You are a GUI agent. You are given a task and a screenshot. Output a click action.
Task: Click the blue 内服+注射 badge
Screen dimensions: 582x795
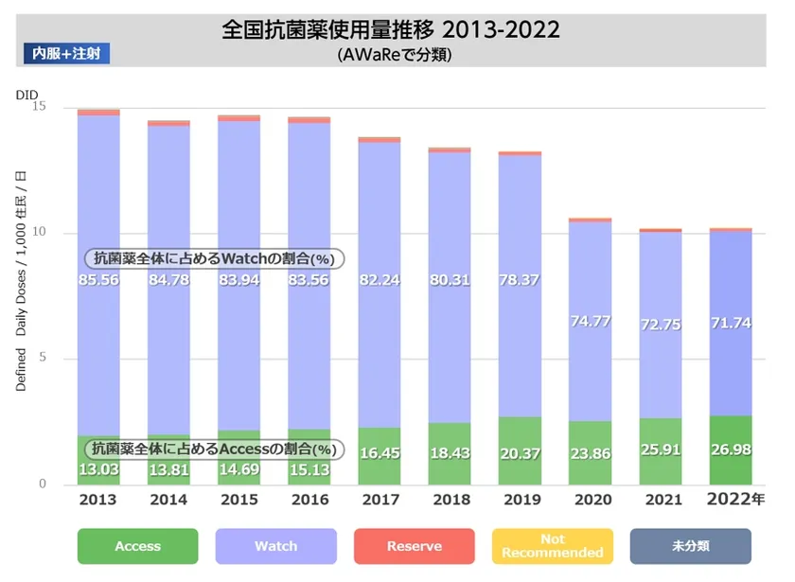tap(66, 53)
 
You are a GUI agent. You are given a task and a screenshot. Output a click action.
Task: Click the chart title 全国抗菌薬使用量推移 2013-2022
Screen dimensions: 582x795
tap(391, 29)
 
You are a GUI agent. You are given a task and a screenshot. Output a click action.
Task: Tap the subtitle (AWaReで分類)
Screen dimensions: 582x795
tap(391, 55)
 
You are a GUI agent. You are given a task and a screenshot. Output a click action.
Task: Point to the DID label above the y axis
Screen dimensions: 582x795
tap(26, 95)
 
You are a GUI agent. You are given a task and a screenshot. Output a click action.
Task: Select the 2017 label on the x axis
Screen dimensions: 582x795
tap(380, 499)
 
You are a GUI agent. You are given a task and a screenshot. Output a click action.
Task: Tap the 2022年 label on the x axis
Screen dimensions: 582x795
tap(733, 499)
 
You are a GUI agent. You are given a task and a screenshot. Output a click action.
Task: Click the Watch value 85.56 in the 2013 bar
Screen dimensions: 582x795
tap(97, 280)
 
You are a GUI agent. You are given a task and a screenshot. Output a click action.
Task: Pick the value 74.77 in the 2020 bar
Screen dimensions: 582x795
tap(590, 321)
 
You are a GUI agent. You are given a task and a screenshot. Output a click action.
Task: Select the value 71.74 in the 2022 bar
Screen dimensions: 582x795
tap(730, 323)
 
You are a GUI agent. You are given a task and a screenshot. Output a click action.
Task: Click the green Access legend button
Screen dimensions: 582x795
tap(138, 546)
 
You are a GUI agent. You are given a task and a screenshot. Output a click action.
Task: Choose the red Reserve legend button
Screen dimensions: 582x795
tap(414, 546)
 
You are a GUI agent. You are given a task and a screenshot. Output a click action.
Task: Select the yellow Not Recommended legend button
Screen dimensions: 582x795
tap(552, 546)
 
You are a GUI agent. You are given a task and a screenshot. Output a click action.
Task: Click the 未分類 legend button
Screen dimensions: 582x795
tap(690, 546)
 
